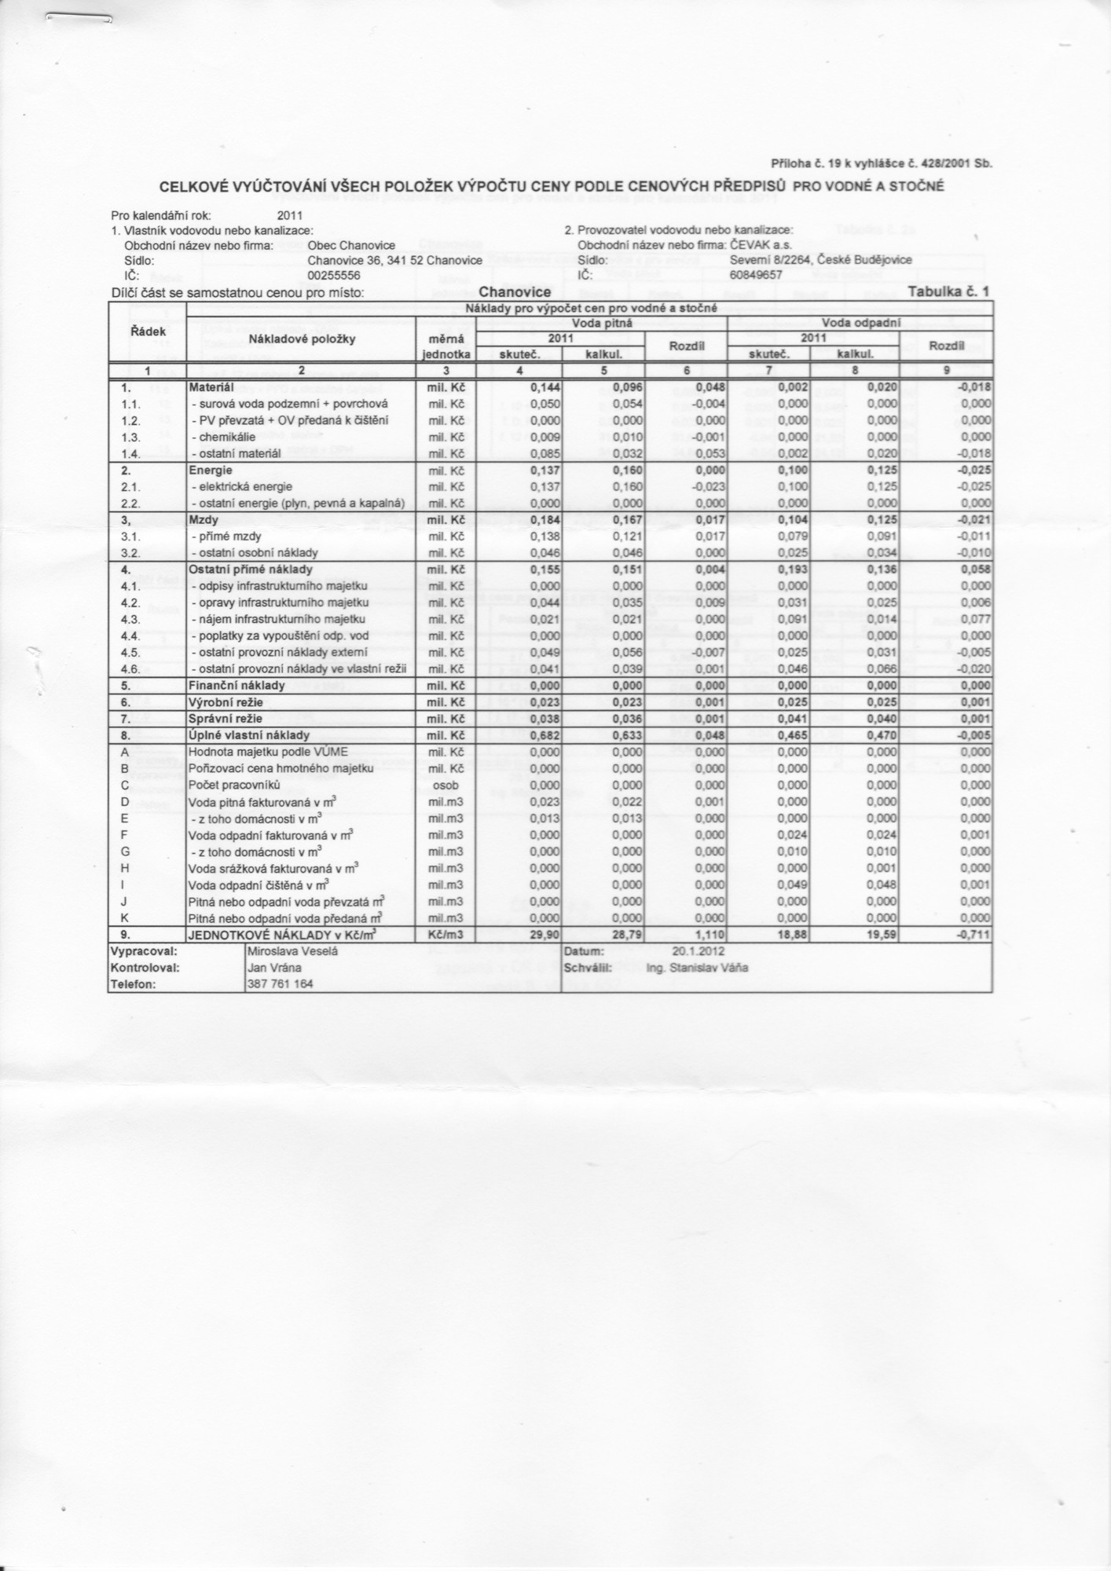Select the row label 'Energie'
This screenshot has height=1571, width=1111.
210,470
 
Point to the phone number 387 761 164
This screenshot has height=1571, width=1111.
280,983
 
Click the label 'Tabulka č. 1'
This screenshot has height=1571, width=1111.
948,291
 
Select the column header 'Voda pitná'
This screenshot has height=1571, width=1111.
603,323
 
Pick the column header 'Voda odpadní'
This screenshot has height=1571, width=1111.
861,323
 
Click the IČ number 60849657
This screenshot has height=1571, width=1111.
756,276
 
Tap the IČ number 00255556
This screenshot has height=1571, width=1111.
334,276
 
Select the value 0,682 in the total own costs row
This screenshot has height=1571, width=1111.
545,735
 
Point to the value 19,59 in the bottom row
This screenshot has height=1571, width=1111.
882,935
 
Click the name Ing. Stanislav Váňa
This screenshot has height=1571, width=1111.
696,968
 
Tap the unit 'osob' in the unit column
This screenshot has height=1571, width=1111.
445,785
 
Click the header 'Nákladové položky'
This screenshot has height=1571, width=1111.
302,339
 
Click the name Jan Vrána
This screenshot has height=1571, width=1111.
269,968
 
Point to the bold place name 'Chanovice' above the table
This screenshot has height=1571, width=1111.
520,292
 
